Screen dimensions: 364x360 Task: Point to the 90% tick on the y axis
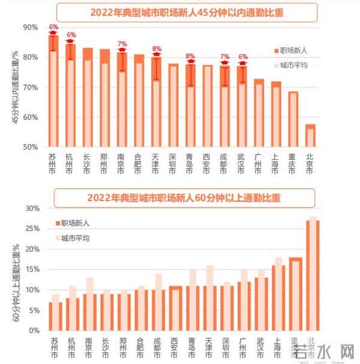click(30, 28)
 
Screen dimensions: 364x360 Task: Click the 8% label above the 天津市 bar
click(157, 49)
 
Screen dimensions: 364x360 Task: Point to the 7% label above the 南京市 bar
click(122, 44)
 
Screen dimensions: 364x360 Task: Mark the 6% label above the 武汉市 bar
click(242, 57)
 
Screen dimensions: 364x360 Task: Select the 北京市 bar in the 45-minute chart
click(311, 136)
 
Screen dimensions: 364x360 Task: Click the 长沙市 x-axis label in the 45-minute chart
click(88, 163)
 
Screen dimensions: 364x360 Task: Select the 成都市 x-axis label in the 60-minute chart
click(157, 347)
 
